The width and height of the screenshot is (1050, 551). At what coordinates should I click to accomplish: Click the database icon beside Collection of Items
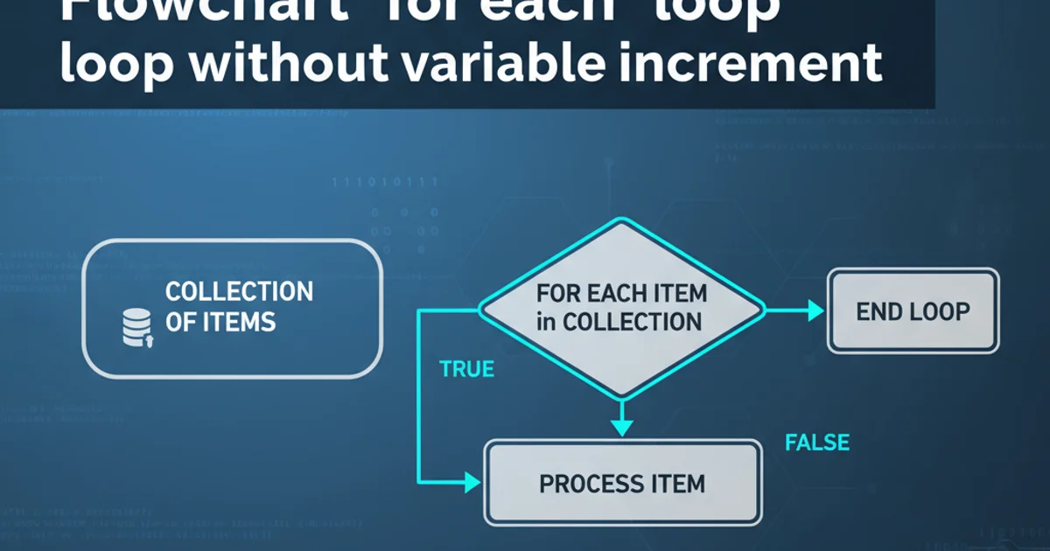point(136,327)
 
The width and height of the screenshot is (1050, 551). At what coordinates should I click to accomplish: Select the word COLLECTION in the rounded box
point(239,291)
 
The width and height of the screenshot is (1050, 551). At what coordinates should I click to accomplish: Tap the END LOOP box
point(913,311)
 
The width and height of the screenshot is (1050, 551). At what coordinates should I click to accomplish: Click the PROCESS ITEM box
point(622,483)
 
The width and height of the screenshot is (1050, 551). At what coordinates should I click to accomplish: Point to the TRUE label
point(467,369)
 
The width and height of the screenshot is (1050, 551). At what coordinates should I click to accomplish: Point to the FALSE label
point(817,443)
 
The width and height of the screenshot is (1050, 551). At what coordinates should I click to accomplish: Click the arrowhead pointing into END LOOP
point(815,310)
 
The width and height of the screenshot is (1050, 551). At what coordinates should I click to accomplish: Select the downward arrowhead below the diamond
point(621,427)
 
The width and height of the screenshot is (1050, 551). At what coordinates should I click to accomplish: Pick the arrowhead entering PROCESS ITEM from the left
point(472,480)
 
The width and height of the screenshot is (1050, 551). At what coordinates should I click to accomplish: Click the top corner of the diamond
point(622,220)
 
